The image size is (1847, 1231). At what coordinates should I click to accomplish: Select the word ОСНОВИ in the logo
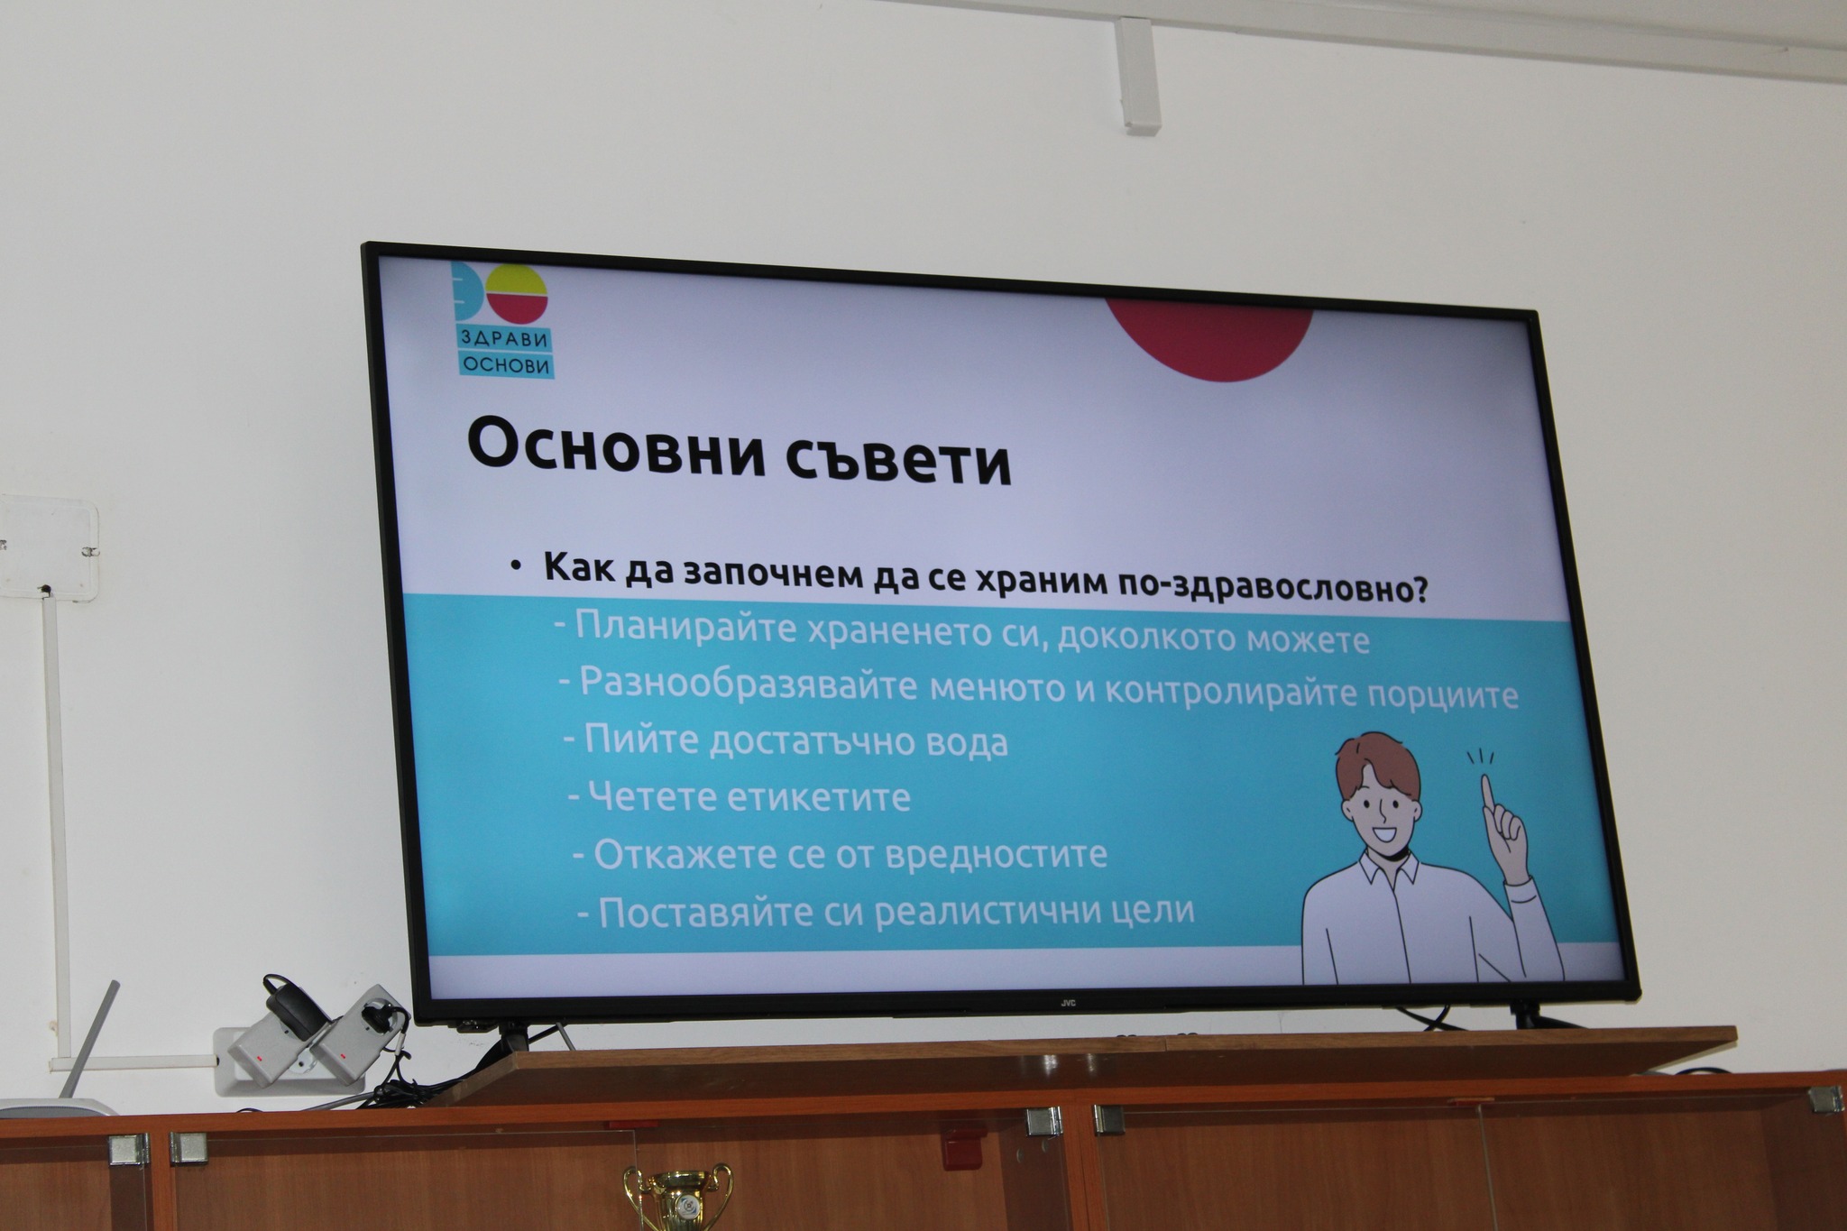pyautogui.click(x=505, y=364)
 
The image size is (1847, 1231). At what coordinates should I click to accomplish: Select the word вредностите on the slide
pyautogui.click(x=997, y=855)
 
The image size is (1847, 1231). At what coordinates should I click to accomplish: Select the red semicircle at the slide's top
pyautogui.click(x=1209, y=339)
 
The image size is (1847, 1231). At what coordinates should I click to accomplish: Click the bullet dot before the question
pyautogui.click(x=514, y=565)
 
